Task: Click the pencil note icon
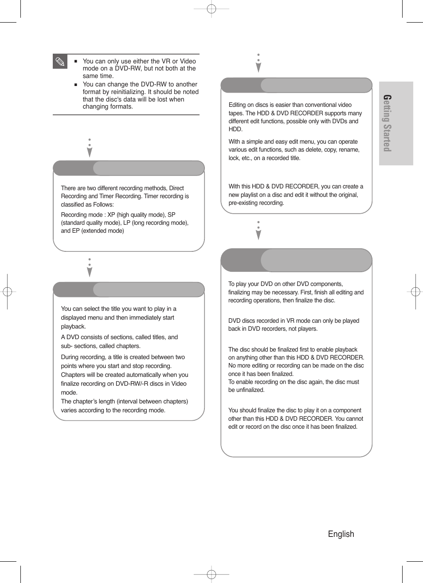(x=60, y=62)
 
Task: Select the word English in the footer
(x=341, y=534)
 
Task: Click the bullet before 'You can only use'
(x=76, y=61)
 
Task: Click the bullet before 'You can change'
(x=76, y=84)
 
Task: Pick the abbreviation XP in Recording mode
(x=111, y=215)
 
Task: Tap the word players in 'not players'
(x=307, y=329)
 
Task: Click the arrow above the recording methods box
(x=90, y=148)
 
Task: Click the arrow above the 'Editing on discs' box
(x=258, y=63)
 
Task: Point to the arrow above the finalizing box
(x=258, y=231)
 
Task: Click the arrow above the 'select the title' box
(x=90, y=268)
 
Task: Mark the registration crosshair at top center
(x=211, y=8)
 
